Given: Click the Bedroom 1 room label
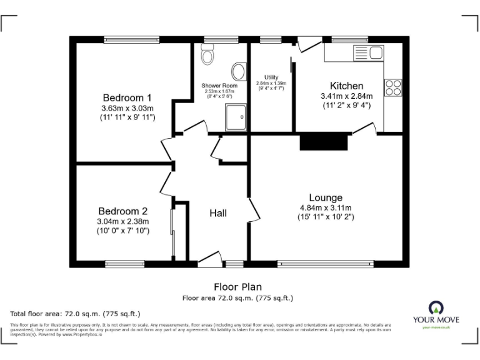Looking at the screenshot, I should coord(127,97).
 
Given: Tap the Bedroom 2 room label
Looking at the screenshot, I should coord(122,211).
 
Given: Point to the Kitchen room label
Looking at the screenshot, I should coord(346,86).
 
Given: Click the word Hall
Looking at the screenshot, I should coord(218,213).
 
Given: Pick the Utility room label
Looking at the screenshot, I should coord(271,77).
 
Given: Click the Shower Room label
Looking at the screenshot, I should coord(219,86).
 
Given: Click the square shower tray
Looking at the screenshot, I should coord(236,117).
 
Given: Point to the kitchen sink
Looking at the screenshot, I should coord(370,53).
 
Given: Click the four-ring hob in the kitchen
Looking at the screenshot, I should coord(393,87).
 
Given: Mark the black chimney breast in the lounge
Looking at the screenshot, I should coord(324,142).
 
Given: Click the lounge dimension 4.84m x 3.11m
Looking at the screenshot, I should coord(326,208).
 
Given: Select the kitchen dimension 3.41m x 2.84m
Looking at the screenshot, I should coord(346,96).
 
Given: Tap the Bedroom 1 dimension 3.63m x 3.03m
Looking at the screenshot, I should coord(127,108).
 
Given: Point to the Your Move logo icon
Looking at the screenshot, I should coord(435,307).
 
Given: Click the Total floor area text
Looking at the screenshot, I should coord(76,313).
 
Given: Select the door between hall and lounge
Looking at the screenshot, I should coord(255,211).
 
